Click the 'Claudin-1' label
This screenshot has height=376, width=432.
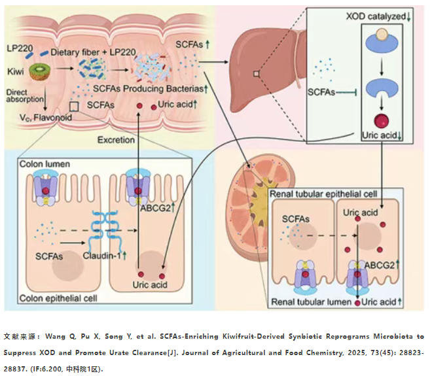pyautogui.click(x=102, y=256)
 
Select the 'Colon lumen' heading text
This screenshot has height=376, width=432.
pyautogui.click(x=45, y=164)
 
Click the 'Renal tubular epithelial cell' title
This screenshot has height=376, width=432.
pyautogui.click(x=323, y=194)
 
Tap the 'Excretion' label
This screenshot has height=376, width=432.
pyautogui.click(x=116, y=140)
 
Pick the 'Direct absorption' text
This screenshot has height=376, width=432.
pyautogui.click(x=25, y=95)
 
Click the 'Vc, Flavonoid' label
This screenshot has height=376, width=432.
pyautogui.click(x=46, y=118)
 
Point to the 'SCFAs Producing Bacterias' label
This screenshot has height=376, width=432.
pyautogui.click(x=148, y=89)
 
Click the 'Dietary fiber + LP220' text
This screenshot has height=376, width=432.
pyautogui.click(x=93, y=52)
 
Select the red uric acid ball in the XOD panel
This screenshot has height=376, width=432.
pyautogui.click(x=382, y=121)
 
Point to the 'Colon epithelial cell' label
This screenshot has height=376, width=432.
pyautogui.click(x=58, y=298)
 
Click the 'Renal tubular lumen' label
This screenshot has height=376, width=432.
pyautogui.click(x=312, y=302)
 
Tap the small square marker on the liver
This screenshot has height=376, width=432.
pyautogui.click(x=256, y=74)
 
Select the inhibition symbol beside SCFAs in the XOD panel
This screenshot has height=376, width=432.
pyautogui.click(x=347, y=92)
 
